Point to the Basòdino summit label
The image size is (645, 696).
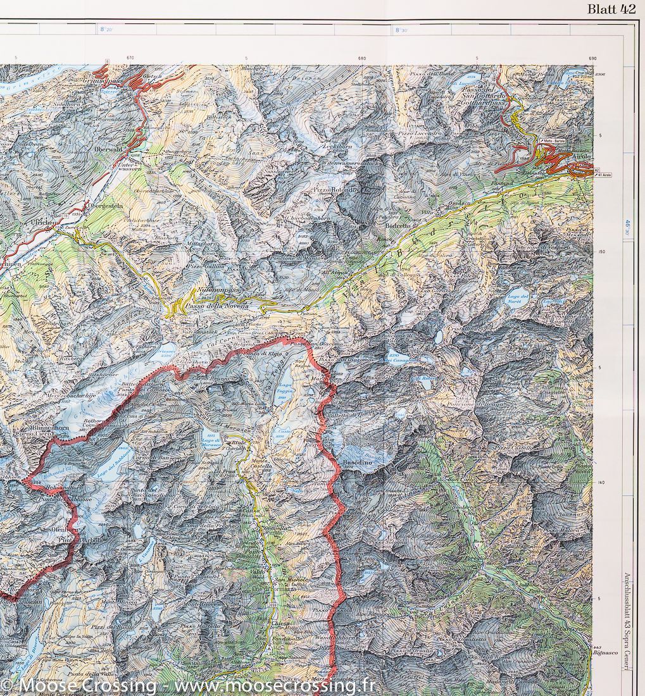[356, 464]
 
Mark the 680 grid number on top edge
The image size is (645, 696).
[361, 59]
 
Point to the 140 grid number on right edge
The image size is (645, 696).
[603, 482]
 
